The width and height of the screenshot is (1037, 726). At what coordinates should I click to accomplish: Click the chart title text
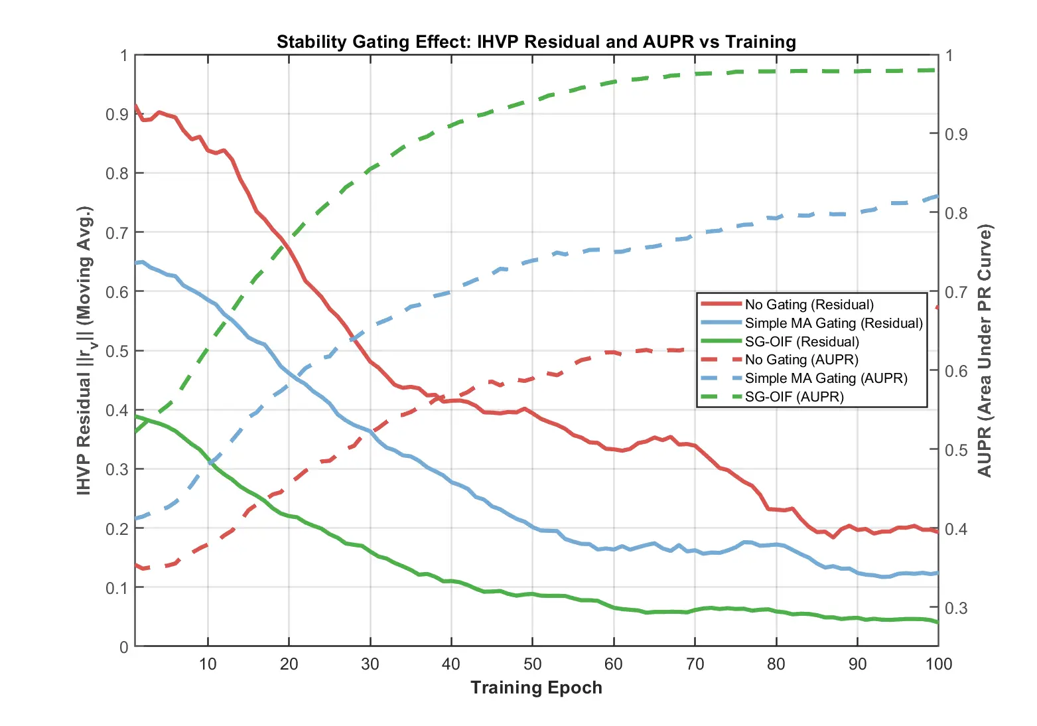536,42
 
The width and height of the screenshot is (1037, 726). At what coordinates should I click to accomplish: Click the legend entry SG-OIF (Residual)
801,342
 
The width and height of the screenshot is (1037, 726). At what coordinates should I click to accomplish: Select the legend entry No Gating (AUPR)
801,360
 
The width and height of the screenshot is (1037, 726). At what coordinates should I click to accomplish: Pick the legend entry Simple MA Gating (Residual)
833,323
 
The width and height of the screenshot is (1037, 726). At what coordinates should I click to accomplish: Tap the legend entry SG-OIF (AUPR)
794,397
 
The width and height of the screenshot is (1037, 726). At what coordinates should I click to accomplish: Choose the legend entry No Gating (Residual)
809,305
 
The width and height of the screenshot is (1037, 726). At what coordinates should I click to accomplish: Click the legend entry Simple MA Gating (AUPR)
826,378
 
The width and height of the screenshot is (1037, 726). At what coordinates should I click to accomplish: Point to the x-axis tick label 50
533,664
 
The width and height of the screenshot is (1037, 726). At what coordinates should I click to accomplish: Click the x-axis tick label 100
938,664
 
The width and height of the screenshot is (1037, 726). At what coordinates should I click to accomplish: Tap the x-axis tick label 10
208,664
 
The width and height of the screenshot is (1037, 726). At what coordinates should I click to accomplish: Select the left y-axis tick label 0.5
117,350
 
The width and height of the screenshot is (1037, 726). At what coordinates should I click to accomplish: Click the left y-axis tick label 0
124,647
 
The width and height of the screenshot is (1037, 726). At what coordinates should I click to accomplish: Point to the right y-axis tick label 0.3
956,608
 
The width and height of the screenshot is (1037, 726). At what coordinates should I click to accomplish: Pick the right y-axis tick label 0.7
956,292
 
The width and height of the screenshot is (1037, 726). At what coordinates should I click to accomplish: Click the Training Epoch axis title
536,688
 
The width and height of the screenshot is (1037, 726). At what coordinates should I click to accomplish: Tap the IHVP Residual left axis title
84,350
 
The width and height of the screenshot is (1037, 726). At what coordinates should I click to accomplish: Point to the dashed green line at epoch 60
614,82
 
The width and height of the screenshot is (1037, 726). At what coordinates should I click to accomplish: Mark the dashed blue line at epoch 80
776,218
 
